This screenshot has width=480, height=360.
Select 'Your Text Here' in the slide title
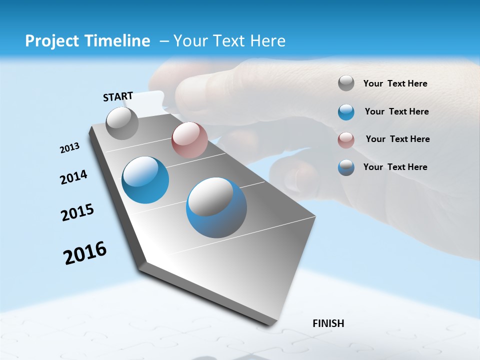click(x=229, y=41)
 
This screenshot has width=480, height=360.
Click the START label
click(x=118, y=96)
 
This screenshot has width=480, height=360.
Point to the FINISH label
click(x=328, y=323)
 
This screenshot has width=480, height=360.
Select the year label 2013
click(x=69, y=148)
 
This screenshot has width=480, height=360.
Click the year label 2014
click(x=73, y=177)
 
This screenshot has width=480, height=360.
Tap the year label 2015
click(x=77, y=212)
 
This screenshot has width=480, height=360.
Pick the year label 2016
click(x=85, y=253)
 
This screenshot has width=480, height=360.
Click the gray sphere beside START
click(x=122, y=123)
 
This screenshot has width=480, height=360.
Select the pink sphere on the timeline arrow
click(x=189, y=140)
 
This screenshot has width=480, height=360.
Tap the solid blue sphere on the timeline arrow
click(x=145, y=180)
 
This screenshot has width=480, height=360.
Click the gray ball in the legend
click(x=346, y=83)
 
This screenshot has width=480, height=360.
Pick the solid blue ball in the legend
click(x=346, y=112)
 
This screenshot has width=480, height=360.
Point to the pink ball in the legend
click(x=346, y=140)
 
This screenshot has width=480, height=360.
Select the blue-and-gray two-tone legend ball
click(x=346, y=167)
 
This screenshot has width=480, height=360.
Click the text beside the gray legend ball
click(x=395, y=84)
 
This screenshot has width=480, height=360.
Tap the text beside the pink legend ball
click(x=397, y=139)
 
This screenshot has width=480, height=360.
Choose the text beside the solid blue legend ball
click(x=396, y=111)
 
